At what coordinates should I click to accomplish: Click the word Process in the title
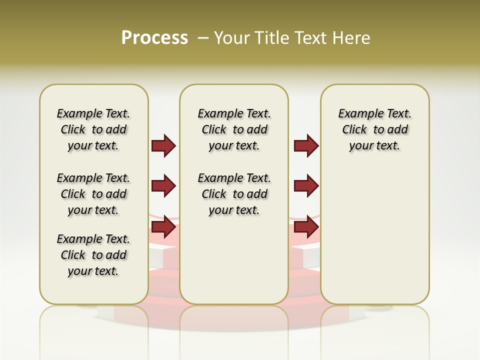click(154, 38)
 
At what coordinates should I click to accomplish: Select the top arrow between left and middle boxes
click(163, 146)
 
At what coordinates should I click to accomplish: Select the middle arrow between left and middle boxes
click(163, 186)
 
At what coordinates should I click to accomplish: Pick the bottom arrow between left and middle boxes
click(163, 227)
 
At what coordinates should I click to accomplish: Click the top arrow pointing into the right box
click(306, 146)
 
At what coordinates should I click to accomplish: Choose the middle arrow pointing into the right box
click(306, 186)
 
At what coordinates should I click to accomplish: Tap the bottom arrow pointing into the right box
click(306, 227)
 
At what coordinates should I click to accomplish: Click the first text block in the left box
click(93, 130)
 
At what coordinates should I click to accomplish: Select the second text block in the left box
click(93, 194)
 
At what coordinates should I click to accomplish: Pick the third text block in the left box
click(93, 255)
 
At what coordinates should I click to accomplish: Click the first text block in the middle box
click(234, 130)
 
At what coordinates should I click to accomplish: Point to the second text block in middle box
click(234, 194)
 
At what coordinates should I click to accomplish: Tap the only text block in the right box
click(374, 130)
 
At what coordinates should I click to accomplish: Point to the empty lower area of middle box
click(234, 260)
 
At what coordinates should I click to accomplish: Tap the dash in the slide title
click(203, 38)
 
